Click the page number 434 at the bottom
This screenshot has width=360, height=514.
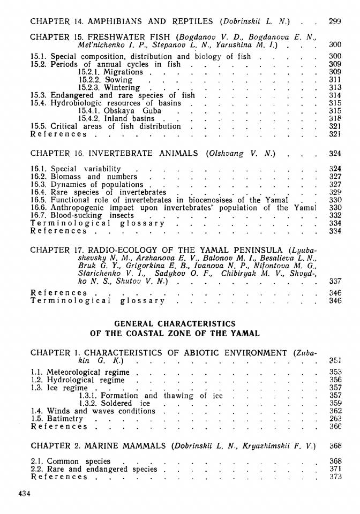[x=24, y=494]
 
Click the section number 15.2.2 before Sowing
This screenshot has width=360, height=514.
[x=89, y=80]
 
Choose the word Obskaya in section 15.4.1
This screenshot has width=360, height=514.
[x=121, y=111]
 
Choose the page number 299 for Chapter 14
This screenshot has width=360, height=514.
[x=335, y=22]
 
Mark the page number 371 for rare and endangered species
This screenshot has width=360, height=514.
[x=335, y=469]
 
